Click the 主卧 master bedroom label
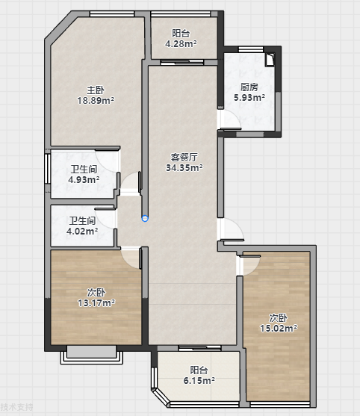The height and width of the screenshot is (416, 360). click(96, 90)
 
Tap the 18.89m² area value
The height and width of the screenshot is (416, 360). click(96, 101)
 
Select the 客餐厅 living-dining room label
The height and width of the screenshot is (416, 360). click(184, 158)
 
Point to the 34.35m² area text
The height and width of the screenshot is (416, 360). click(184, 168)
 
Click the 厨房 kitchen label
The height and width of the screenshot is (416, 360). click(249, 87)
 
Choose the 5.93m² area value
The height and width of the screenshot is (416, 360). click(249, 97)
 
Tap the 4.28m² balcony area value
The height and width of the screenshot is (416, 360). click(181, 43)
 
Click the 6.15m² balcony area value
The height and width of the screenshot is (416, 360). click(199, 380)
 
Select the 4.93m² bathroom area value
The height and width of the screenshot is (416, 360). click(84, 179)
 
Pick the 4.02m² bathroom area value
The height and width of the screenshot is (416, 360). click(82, 231)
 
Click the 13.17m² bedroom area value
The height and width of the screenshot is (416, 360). click(96, 302)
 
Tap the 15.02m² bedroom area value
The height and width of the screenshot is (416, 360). click(279, 328)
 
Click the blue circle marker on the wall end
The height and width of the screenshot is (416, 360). click(145, 218)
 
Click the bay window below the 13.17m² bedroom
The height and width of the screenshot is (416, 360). click(92, 355)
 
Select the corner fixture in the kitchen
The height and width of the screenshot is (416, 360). click(270, 60)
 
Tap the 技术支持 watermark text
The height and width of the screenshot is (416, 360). click(16, 407)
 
